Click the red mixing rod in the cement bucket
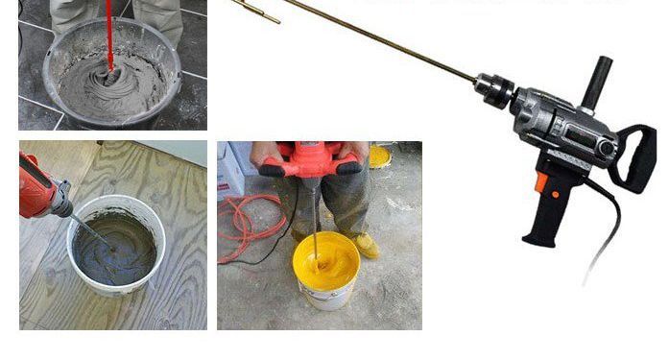[108, 34]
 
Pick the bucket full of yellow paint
[325, 270]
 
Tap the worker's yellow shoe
[366, 246]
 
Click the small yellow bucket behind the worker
[381, 155]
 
